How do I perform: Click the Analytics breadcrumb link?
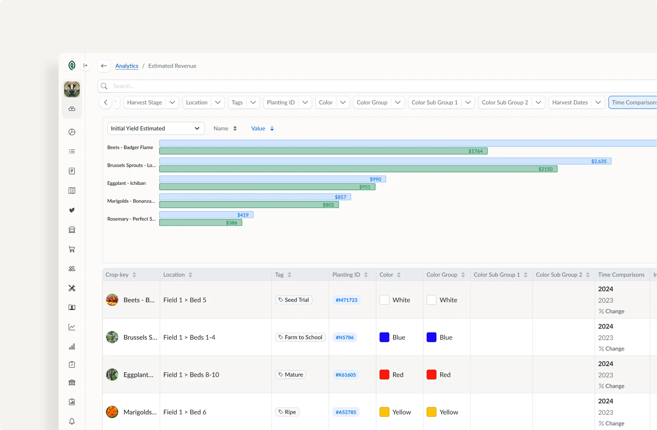coord(126,66)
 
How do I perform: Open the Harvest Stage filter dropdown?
coord(151,103)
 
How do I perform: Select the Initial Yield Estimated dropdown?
coord(155,128)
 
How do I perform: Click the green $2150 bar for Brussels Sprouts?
coord(358,169)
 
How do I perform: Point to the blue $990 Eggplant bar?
coord(272,179)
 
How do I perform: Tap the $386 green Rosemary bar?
coord(200,223)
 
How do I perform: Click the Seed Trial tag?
coord(294,300)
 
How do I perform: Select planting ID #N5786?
coord(344,337)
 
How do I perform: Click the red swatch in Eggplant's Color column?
coord(384,375)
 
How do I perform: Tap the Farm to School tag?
coord(300,337)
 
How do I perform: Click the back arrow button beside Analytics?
coord(104,66)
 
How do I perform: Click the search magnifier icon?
coord(104,86)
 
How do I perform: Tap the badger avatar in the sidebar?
coord(72,89)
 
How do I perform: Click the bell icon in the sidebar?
coord(72,421)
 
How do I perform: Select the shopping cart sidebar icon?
coord(72,249)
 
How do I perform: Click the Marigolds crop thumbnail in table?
coord(112,412)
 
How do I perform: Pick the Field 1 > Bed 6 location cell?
coord(185,412)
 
